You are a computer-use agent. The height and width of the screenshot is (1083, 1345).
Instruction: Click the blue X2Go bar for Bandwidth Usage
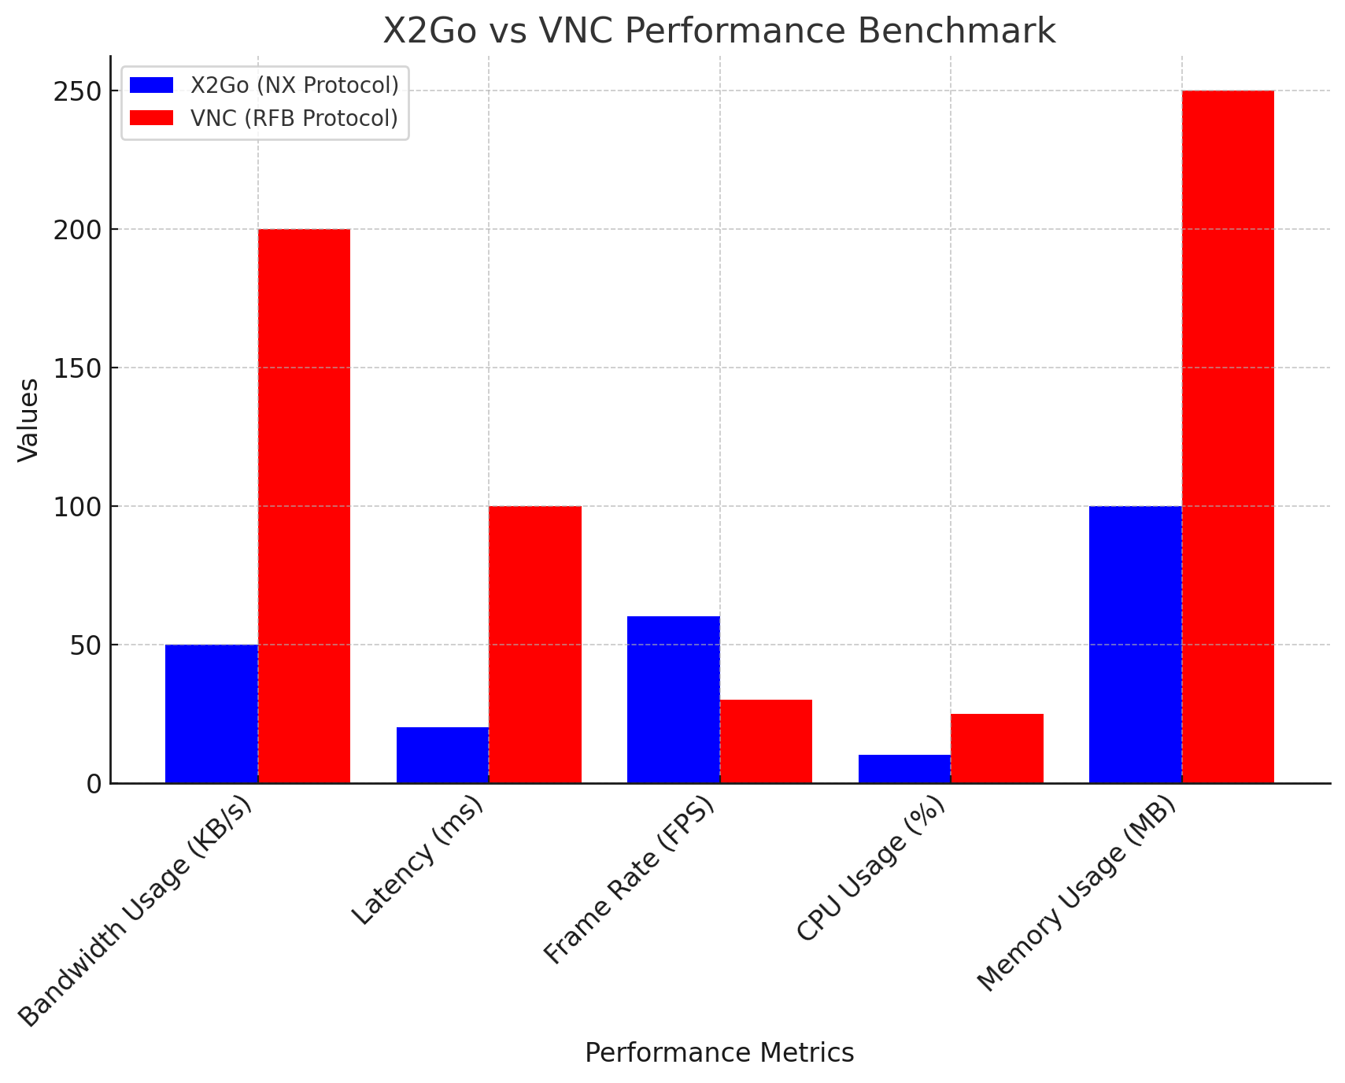click(211, 714)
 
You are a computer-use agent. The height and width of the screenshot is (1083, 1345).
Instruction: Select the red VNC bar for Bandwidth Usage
click(304, 506)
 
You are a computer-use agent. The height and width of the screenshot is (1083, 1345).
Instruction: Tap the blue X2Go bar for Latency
click(442, 755)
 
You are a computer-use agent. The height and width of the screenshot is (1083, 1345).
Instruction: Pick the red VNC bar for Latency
click(535, 645)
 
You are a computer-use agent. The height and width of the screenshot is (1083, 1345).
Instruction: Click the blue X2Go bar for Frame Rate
click(673, 700)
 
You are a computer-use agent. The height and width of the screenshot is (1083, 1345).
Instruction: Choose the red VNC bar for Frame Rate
click(766, 741)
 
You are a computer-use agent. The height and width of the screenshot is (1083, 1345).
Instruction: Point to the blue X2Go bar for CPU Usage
click(904, 769)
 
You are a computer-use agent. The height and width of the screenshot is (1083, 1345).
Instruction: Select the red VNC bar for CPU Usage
click(997, 748)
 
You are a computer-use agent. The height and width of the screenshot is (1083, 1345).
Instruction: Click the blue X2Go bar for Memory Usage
click(1135, 645)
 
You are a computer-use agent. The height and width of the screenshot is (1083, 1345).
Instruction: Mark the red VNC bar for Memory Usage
click(1228, 437)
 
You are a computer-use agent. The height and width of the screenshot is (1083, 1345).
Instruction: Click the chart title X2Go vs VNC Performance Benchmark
click(719, 31)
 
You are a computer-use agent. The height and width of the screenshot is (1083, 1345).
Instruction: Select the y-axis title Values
click(28, 420)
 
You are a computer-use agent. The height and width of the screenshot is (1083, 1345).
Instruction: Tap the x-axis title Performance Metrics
click(719, 1053)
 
